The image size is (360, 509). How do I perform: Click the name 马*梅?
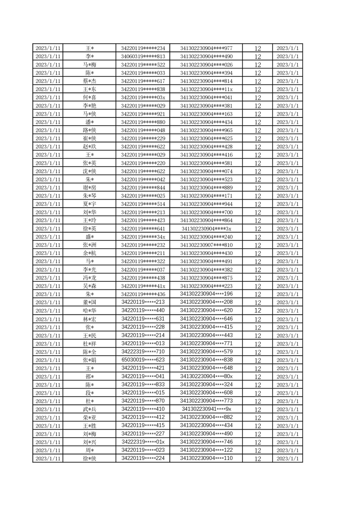89,65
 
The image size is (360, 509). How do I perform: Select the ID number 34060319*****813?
143,57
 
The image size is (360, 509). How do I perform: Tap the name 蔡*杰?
89,81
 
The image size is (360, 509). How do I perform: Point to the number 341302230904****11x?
206,89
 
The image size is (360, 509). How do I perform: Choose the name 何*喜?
89,98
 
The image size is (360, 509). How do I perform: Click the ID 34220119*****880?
143,122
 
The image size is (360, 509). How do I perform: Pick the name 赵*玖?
89,147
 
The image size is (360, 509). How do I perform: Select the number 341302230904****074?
206,171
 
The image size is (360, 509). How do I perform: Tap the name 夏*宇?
89,204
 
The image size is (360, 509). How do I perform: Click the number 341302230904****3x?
206,229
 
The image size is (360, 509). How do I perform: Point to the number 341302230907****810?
206,245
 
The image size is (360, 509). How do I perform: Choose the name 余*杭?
89,253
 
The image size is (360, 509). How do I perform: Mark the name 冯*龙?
89,278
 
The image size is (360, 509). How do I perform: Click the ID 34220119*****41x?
143,286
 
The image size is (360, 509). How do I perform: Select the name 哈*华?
89,311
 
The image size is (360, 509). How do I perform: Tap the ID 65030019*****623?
143,360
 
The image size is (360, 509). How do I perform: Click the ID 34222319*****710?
143,352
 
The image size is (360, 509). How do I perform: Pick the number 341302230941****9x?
206,409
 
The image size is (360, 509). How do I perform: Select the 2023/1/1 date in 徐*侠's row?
287,458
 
